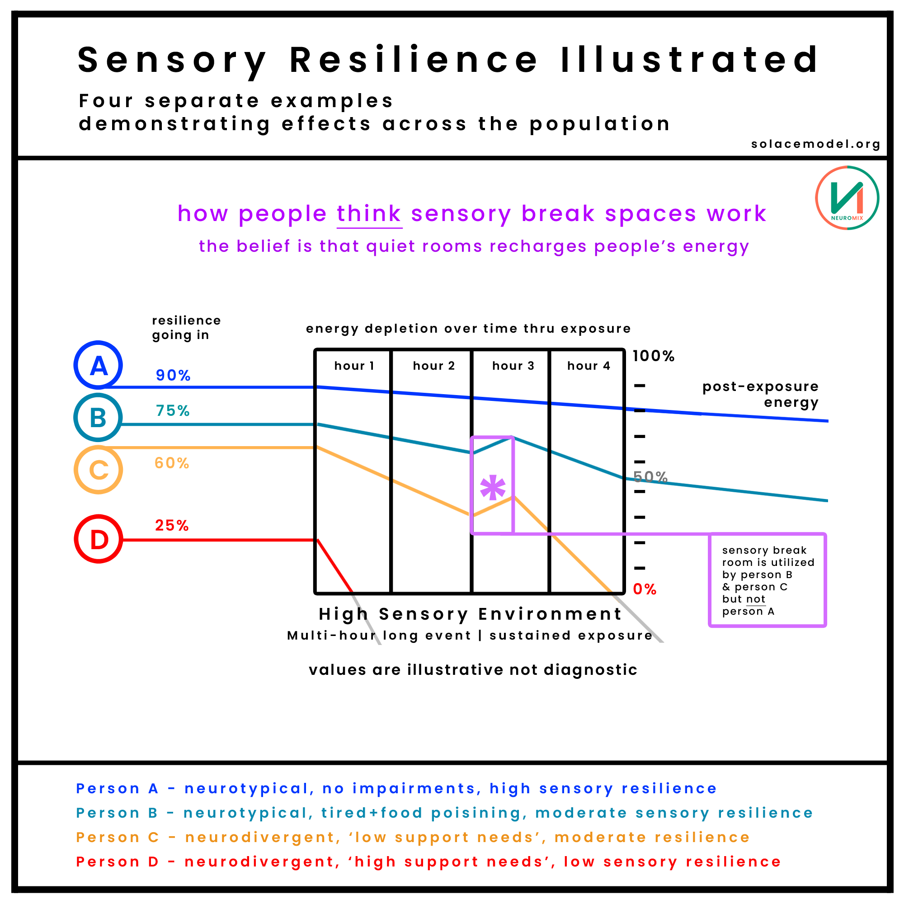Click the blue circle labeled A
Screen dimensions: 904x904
[x=98, y=365]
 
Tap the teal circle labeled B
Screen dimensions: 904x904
[x=98, y=417]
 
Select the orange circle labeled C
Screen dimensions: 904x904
[x=98, y=470]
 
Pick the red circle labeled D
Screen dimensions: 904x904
[x=98, y=539]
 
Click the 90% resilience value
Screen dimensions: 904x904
[x=173, y=375]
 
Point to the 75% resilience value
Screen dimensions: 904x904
[x=173, y=411]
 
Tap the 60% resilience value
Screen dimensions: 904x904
[x=172, y=463]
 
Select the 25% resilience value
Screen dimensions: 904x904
[x=172, y=526]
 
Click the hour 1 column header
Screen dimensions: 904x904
[x=354, y=366]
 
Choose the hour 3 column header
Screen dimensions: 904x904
[x=513, y=366]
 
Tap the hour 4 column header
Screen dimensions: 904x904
[x=589, y=366]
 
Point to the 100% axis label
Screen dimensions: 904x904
[x=653, y=356]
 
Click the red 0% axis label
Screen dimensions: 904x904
[x=644, y=589]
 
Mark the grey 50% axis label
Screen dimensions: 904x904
[x=650, y=477]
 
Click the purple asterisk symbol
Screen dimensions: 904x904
[x=493, y=489]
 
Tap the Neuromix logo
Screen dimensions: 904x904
[x=847, y=198]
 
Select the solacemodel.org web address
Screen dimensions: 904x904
[x=815, y=144]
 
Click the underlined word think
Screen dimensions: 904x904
[x=369, y=214]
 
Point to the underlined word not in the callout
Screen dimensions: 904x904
[x=756, y=599]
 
